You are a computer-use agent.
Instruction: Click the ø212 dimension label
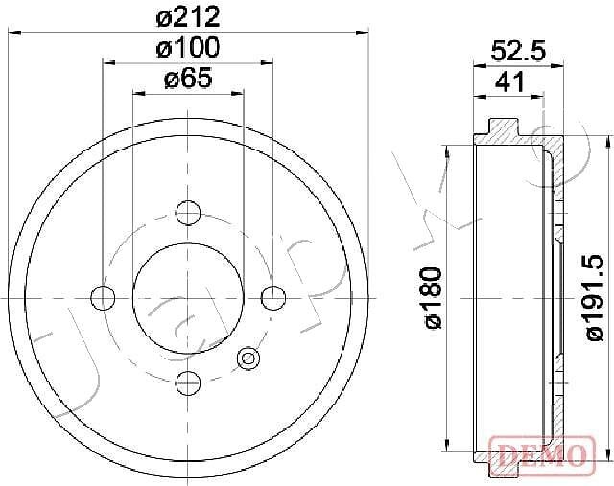coord(188,17)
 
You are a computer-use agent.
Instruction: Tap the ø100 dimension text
coord(188,47)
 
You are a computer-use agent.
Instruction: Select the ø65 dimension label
coord(188,78)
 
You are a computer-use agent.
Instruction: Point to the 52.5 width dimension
coord(518,51)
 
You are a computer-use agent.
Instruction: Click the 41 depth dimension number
coord(509,81)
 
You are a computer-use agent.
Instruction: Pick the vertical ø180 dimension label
coord(433,298)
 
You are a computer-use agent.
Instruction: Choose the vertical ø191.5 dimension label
coord(594,297)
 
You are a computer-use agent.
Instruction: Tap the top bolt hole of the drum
coord(188,213)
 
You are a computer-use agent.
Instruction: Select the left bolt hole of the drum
coord(103,298)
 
